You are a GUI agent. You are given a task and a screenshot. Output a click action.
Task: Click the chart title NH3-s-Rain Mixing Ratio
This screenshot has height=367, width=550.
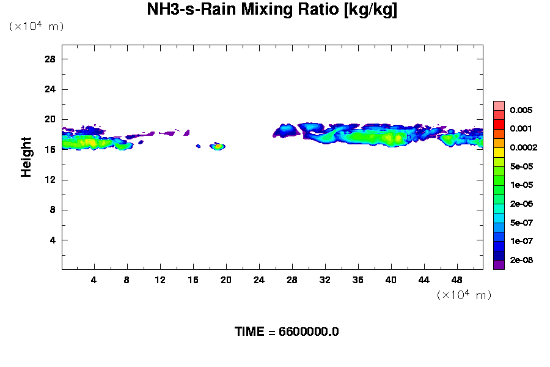click(x=272, y=10)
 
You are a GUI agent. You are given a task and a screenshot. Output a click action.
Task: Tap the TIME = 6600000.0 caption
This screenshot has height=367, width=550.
click(x=287, y=332)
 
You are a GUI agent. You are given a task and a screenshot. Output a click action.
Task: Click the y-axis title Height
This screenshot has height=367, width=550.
click(x=26, y=157)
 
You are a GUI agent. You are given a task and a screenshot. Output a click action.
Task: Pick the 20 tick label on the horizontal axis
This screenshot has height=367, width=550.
click(x=226, y=280)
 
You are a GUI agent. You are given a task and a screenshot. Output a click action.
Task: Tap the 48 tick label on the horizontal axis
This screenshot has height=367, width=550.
click(x=457, y=280)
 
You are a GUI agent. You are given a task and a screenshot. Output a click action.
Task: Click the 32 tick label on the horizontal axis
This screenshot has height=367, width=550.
click(x=324, y=280)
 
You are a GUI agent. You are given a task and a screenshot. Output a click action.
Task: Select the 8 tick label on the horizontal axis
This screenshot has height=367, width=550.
click(x=127, y=280)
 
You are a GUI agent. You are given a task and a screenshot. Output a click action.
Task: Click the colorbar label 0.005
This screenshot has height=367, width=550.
click(x=521, y=111)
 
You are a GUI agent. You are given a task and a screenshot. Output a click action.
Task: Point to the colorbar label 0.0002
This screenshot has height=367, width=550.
click(x=523, y=148)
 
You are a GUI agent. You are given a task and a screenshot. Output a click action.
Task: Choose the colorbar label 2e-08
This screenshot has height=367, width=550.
click(x=521, y=261)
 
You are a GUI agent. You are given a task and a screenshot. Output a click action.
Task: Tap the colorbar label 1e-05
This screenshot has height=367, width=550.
click(x=521, y=185)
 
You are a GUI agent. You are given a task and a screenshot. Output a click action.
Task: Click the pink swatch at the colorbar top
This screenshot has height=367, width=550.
click(x=499, y=105)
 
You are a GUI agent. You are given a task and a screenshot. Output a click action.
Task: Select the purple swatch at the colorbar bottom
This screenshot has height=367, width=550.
click(x=499, y=265)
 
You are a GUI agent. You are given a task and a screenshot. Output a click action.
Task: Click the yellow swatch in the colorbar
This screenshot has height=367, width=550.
click(x=499, y=152)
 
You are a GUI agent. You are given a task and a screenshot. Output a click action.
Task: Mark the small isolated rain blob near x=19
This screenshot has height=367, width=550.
click(x=218, y=147)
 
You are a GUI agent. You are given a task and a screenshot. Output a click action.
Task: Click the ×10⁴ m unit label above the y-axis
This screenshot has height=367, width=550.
click(x=36, y=26)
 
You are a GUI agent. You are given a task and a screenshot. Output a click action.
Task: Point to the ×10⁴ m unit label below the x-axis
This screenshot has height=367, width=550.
click(x=464, y=295)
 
